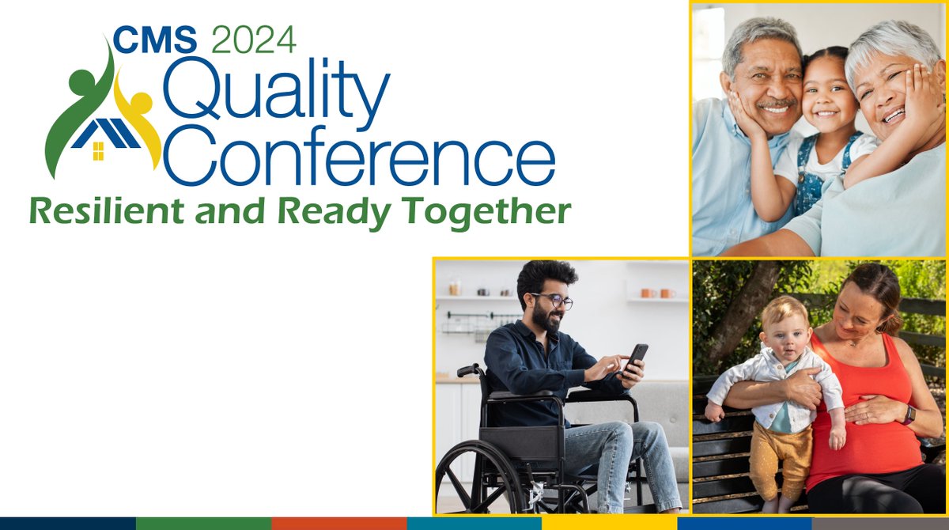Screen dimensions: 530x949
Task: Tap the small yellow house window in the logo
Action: (98, 151)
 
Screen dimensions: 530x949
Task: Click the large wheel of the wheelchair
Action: (479, 479)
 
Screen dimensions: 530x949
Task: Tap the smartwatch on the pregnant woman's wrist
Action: (909, 414)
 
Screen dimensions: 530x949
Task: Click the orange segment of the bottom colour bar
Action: (338, 524)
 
